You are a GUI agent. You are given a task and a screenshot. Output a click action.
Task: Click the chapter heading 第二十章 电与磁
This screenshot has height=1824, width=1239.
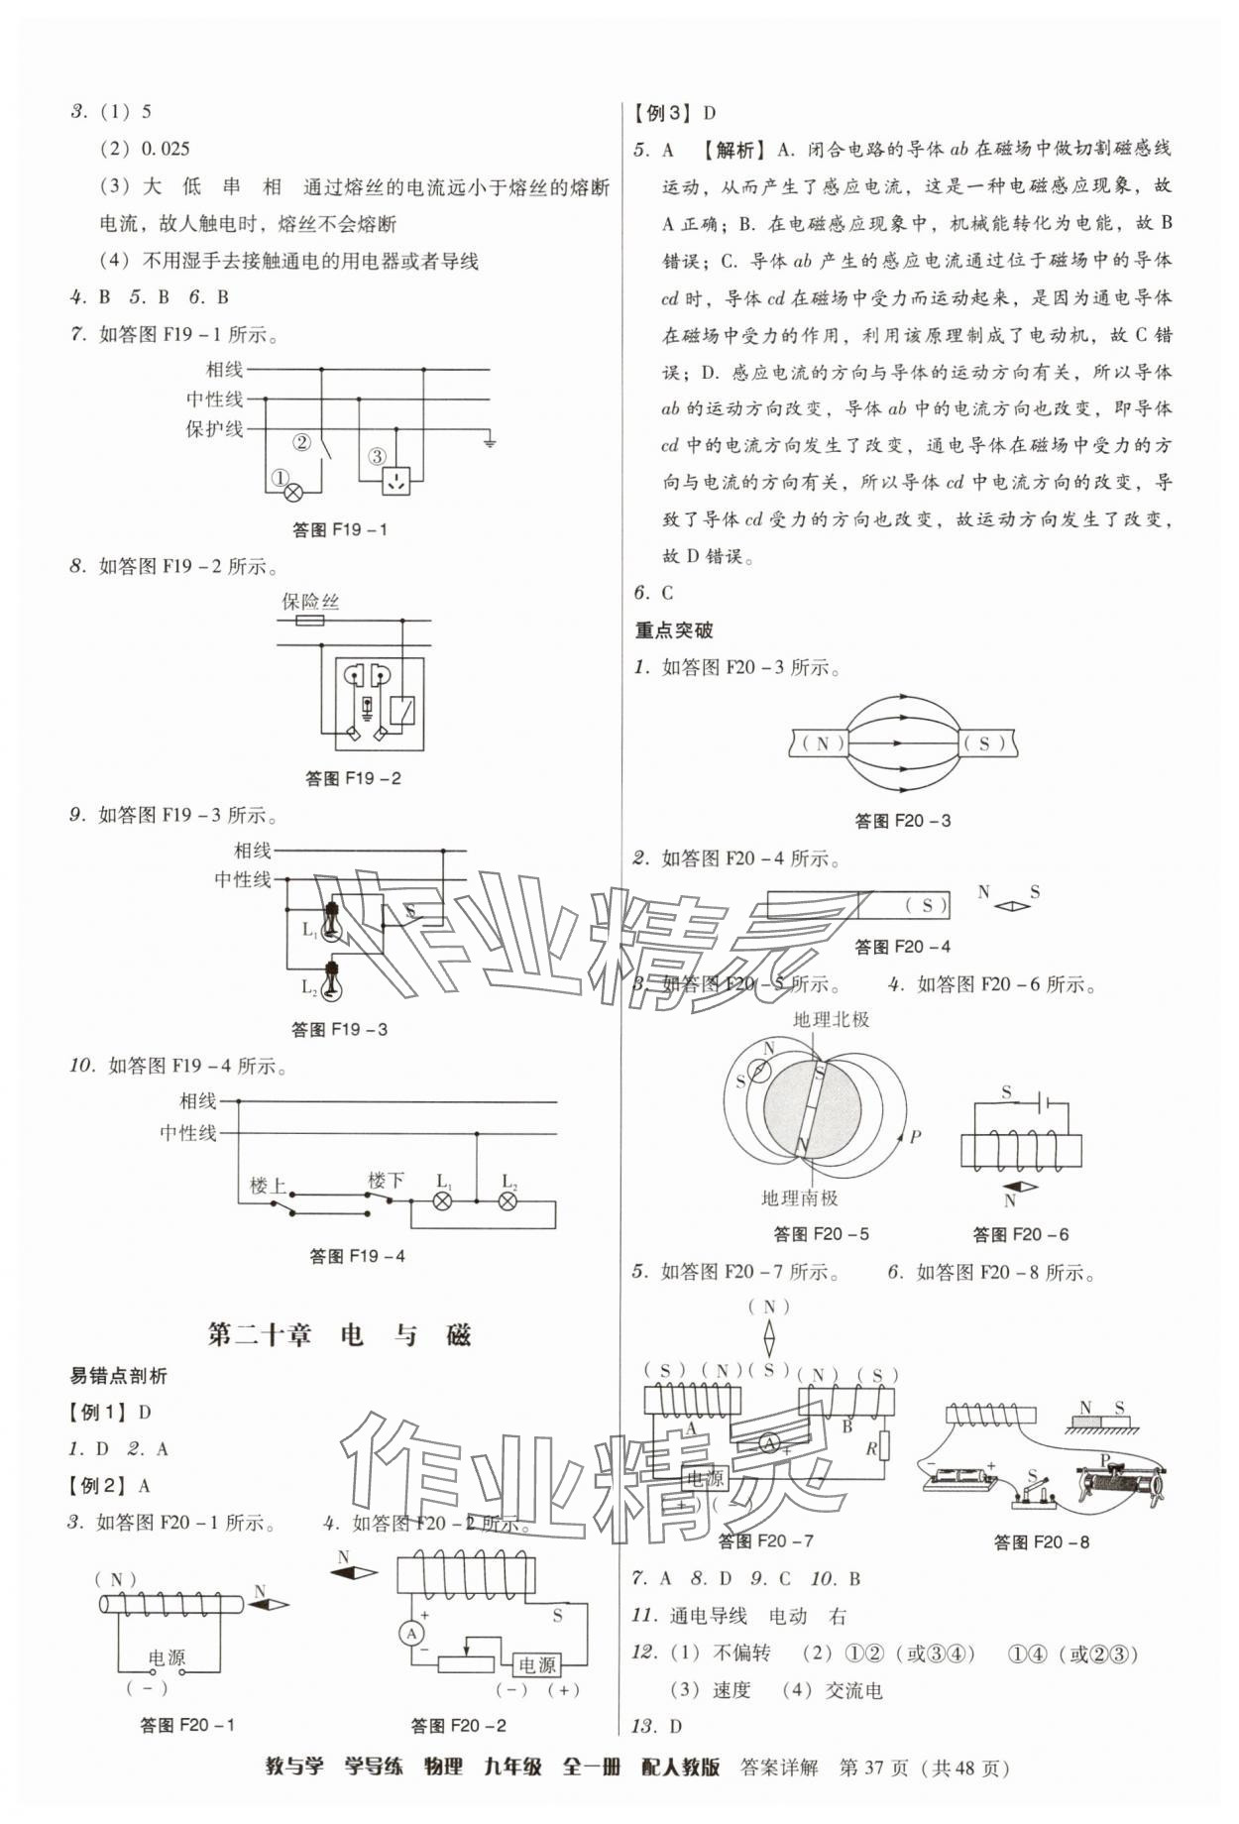coord(339,1334)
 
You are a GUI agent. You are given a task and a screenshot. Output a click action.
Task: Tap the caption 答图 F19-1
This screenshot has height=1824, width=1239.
coord(339,529)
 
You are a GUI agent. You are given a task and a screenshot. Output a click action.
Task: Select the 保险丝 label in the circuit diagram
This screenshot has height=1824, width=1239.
coord(310,602)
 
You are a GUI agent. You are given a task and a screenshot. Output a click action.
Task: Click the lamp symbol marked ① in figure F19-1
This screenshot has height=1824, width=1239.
coord(293,491)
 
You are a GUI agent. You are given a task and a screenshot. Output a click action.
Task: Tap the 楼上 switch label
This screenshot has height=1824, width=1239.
coord(267,1186)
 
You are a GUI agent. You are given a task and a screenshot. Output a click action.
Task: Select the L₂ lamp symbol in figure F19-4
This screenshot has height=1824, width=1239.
coord(507,1201)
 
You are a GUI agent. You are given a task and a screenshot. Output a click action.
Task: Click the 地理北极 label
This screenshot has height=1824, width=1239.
coord(831,1019)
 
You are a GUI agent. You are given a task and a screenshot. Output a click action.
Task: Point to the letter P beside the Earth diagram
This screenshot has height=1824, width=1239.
coord(915,1137)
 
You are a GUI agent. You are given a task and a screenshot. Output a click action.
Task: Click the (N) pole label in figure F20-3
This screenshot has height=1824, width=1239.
coord(823,742)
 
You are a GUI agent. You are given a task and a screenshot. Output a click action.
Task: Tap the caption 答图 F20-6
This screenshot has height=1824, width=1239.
coord(1020,1234)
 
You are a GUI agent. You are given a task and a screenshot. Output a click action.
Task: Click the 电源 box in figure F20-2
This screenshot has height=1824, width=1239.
coord(536,1664)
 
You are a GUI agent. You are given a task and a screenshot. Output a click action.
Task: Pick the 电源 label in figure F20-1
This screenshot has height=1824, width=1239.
coord(167,1657)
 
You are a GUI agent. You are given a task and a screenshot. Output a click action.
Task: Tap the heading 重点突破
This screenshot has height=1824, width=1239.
coord(673,630)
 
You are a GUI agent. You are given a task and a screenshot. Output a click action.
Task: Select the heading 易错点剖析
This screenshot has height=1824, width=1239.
coord(118,1376)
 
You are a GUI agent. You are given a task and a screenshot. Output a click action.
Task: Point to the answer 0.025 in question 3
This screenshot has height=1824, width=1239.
coord(166,150)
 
